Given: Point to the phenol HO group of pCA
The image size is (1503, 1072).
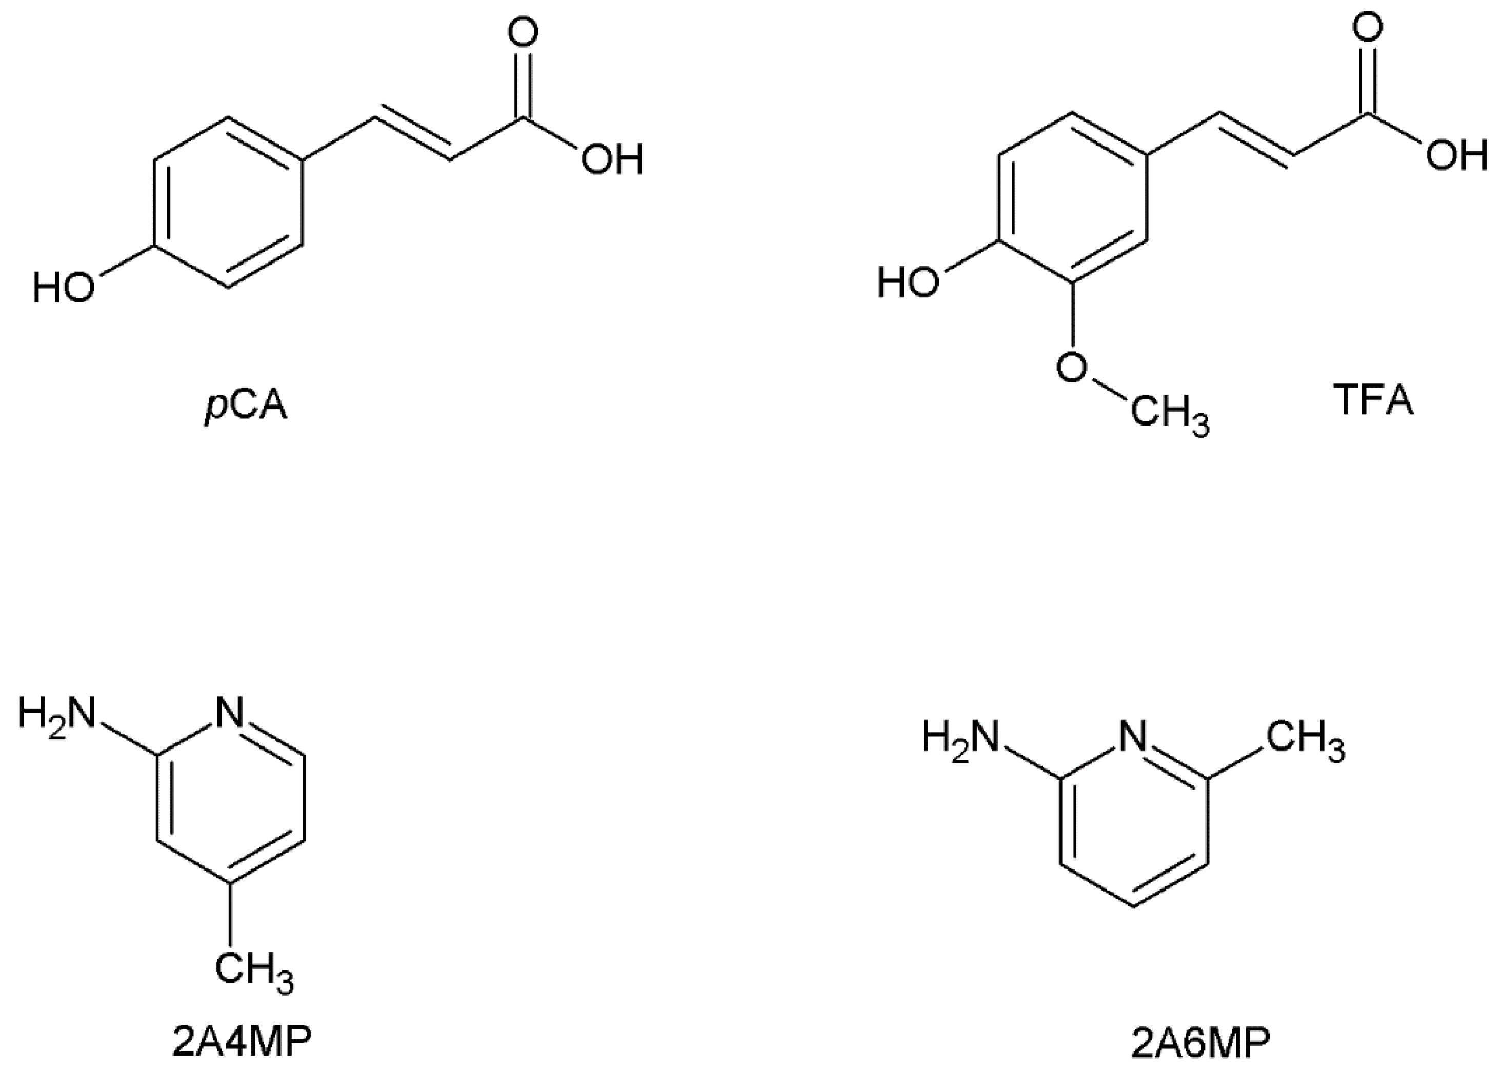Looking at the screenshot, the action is (64, 289).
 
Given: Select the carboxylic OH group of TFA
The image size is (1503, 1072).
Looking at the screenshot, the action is (1457, 156).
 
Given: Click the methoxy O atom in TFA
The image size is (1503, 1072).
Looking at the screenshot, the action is (1071, 367).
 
